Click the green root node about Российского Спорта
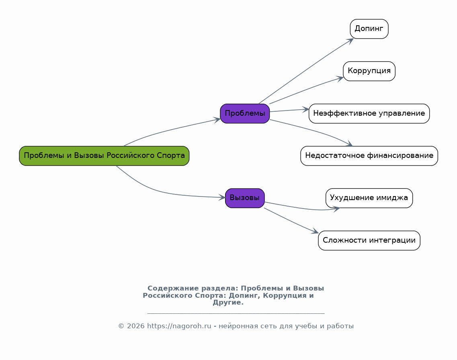tap(104, 156)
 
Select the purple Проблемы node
tap(245, 114)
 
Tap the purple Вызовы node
tap(245, 198)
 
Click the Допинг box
tap(369, 29)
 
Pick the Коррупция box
tap(369, 71)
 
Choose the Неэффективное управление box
tap(369, 114)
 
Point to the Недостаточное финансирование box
tap(369, 156)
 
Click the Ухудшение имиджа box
tap(369, 198)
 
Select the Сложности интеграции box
tap(369, 241)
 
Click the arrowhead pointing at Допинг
tap(351, 40)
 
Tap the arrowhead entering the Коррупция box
tap(341, 78)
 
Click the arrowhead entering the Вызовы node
tap(223, 197)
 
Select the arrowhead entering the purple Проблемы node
tap(218, 119)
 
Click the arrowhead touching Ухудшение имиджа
tap(337, 208)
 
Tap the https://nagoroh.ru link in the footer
tap(179, 326)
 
